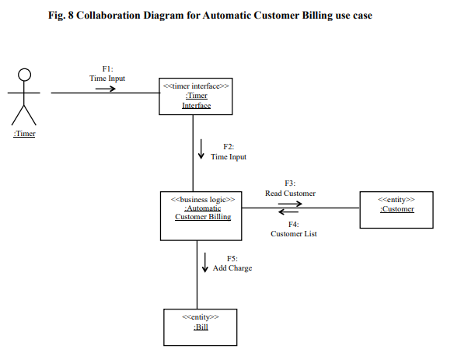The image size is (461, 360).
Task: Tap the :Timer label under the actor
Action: coord(25,134)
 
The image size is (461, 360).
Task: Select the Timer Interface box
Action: coord(196,95)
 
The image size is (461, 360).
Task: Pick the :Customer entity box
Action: coord(396,209)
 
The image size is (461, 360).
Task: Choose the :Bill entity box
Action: coord(200,327)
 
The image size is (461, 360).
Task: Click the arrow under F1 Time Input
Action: coord(106,89)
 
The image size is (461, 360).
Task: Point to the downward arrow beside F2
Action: coord(201,150)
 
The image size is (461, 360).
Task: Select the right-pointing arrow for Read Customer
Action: coord(290,203)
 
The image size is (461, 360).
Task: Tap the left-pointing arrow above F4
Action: coord(289,212)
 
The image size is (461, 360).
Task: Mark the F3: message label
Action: coord(290,183)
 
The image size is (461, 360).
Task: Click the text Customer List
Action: coord(292,233)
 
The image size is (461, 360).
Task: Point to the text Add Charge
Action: coord(232,267)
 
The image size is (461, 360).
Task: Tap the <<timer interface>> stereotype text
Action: coord(196,86)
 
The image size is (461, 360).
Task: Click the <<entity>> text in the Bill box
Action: coord(200,317)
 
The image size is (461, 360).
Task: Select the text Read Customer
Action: coord(290,193)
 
